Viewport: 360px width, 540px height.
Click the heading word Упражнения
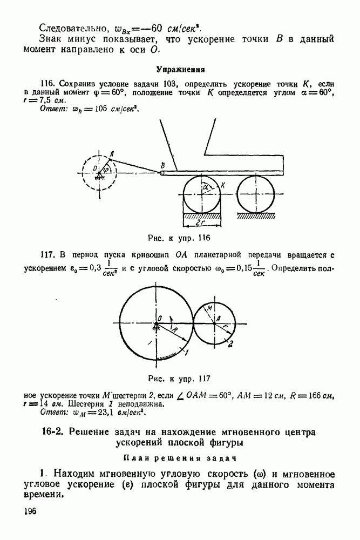[179, 69]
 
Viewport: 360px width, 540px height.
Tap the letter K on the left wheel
[222, 185]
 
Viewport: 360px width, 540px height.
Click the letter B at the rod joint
[162, 165]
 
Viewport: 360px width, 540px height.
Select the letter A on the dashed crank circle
[111, 153]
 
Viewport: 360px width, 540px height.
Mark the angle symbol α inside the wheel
[206, 186]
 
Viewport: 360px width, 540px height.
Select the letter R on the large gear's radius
[174, 328]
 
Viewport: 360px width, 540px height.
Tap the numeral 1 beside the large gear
[185, 352]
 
